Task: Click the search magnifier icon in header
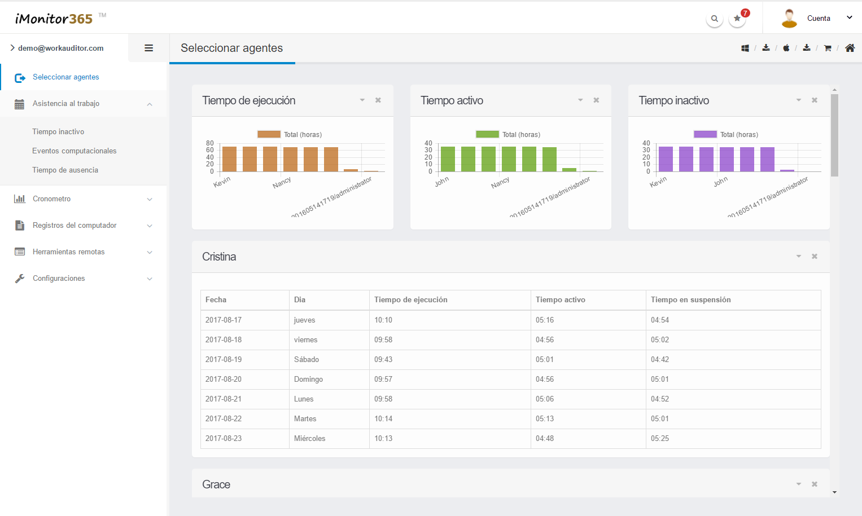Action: pyautogui.click(x=714, y=19)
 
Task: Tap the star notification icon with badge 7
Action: pyautogui.click(x=737, y=18)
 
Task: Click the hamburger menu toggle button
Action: pyautogui.click(x=148, y=48)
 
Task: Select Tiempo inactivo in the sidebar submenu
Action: pyautogui.click(x=58, y=131)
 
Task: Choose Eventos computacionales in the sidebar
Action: pyautogui.click(x=75, y=151)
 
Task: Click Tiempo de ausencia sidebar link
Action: pyautogui.click(x=65, y=170)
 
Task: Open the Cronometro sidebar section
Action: pyautogui.click(x=51, y=199)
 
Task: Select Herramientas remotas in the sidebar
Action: pyautogui.click(x=68, y=252)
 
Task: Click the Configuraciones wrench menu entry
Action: pyautogui.click(x=59, y=279)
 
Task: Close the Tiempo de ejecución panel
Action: pyautogui.click(x=378, y=100)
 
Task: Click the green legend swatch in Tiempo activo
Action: pyautogui.click(x=487, y=134)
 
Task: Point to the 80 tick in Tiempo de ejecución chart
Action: pyautogui.click(x=210, y=143)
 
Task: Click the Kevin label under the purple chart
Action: pyautogui.click(x=658, y=182)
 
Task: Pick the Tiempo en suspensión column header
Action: pyautogui.click(x=691, y=299)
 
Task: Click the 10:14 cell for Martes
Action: pyautogui.click(x=383, y=418)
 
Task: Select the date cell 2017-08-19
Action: pyautogui.click(x=224, y=359)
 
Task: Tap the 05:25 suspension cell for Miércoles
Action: pyautogui.click(x=660, y=438)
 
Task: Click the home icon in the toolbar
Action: pyautogui.click(x=850, y=48)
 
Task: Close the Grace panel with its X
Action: pyautogui.click(x=814, y=484)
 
